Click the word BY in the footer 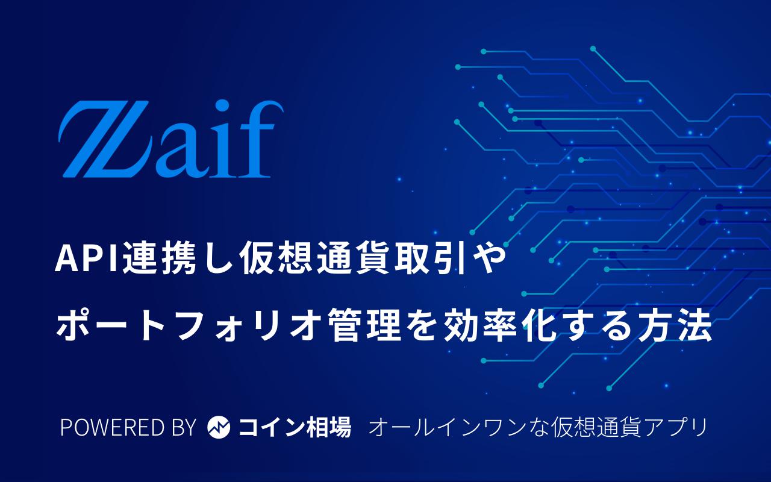[184, 427]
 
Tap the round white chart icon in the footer [219, 427]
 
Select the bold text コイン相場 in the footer [295, 427]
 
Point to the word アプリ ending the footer [674, 427]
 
